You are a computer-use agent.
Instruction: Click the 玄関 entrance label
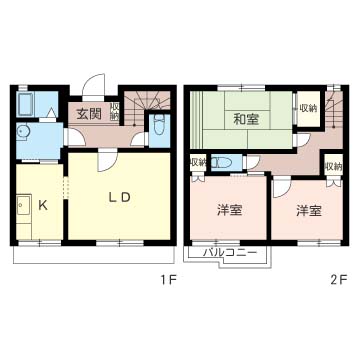(89, 114)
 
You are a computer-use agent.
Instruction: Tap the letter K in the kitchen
(42, 205)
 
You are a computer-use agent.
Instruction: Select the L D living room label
(119, 198)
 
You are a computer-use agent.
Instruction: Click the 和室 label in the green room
(246, 119)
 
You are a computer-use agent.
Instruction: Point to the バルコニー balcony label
(230, 252)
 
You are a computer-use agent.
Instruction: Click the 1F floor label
(168, 280)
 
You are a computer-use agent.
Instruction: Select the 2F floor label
(339, 280)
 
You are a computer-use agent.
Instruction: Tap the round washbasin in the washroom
(22, 132)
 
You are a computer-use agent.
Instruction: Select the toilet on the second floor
(224, 163)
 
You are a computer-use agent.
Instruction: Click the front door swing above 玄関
(94, 85)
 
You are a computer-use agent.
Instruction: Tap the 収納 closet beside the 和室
(308, 109)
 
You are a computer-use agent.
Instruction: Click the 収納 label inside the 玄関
(114, 111)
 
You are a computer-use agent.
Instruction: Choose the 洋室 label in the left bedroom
(229, 211)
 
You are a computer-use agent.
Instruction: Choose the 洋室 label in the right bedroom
(309, 211)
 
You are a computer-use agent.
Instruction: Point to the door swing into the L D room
(107, 161)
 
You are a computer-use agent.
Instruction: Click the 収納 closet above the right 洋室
(333, 166)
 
